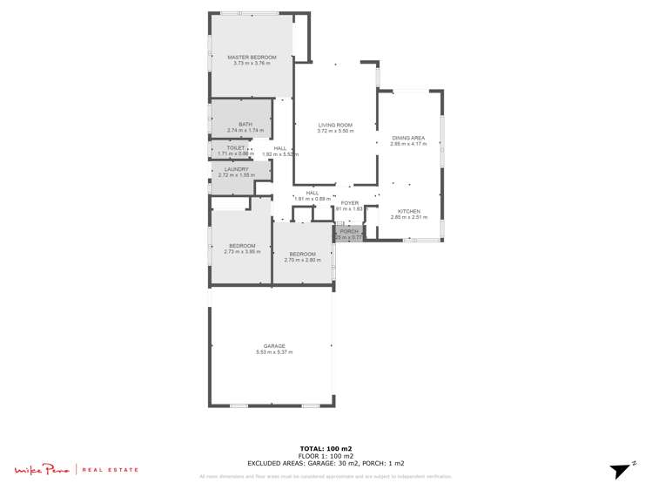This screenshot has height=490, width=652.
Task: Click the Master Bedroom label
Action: [x=252, y=58]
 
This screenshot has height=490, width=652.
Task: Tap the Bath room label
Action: [x=245, y=125]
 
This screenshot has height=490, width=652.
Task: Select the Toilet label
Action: [x=236, y=148]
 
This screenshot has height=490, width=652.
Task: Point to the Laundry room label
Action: [x=236, y=169]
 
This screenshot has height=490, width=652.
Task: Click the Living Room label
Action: [x=335, y=126]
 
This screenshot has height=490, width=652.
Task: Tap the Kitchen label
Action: [x=409, y=211]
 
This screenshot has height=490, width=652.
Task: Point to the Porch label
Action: [x=349, y=231]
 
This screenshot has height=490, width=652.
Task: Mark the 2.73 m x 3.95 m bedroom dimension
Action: [x=242, y=252]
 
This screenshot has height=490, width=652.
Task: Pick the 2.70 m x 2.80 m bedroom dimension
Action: [x=302, y=260]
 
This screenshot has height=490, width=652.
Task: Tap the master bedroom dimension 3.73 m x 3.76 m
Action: [x=252, y=64]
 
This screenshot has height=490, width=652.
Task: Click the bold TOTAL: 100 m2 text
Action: [x=326, y=448]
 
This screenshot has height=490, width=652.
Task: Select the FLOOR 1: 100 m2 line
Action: [x=326, y=456]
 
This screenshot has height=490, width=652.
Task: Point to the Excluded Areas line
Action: [x=326, y=464]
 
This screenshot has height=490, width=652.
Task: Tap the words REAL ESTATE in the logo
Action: [x=111, y=470]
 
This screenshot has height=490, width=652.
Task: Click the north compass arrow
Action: [x=619, y=471]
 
